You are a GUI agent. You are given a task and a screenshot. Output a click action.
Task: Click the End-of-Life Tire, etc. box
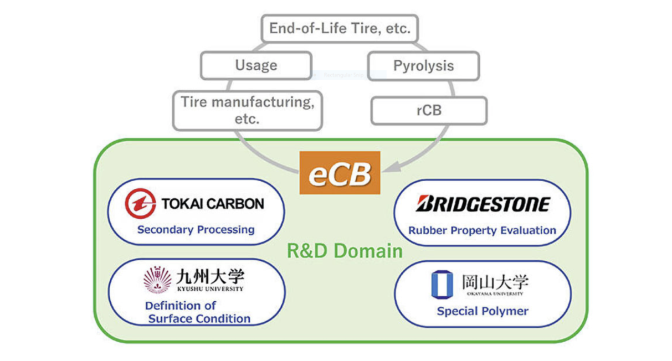tap(340, 29)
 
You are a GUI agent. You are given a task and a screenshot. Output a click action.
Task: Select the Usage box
tap(256, 65)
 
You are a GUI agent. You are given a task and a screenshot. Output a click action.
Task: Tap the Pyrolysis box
tap(423, 66)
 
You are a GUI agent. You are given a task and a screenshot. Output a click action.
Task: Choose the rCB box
tap(429, 110)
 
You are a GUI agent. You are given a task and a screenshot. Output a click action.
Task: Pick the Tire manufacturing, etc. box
tap(247, 110)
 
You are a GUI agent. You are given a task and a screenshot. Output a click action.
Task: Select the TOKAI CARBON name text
tap(213, 204)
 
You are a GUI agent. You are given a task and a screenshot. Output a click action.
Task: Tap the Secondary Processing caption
tap(196, 229)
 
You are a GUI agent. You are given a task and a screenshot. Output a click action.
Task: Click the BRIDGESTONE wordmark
tap(482, 204)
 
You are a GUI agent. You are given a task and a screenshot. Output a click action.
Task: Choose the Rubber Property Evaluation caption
tap(482, 230)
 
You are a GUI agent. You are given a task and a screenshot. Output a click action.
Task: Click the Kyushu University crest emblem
tap(157, 279)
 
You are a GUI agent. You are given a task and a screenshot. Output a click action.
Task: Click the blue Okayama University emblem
tap(442, 285)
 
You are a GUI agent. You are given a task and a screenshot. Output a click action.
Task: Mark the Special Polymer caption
tap(483, 311)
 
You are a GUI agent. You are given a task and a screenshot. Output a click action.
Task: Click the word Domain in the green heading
tap(367, 251)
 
